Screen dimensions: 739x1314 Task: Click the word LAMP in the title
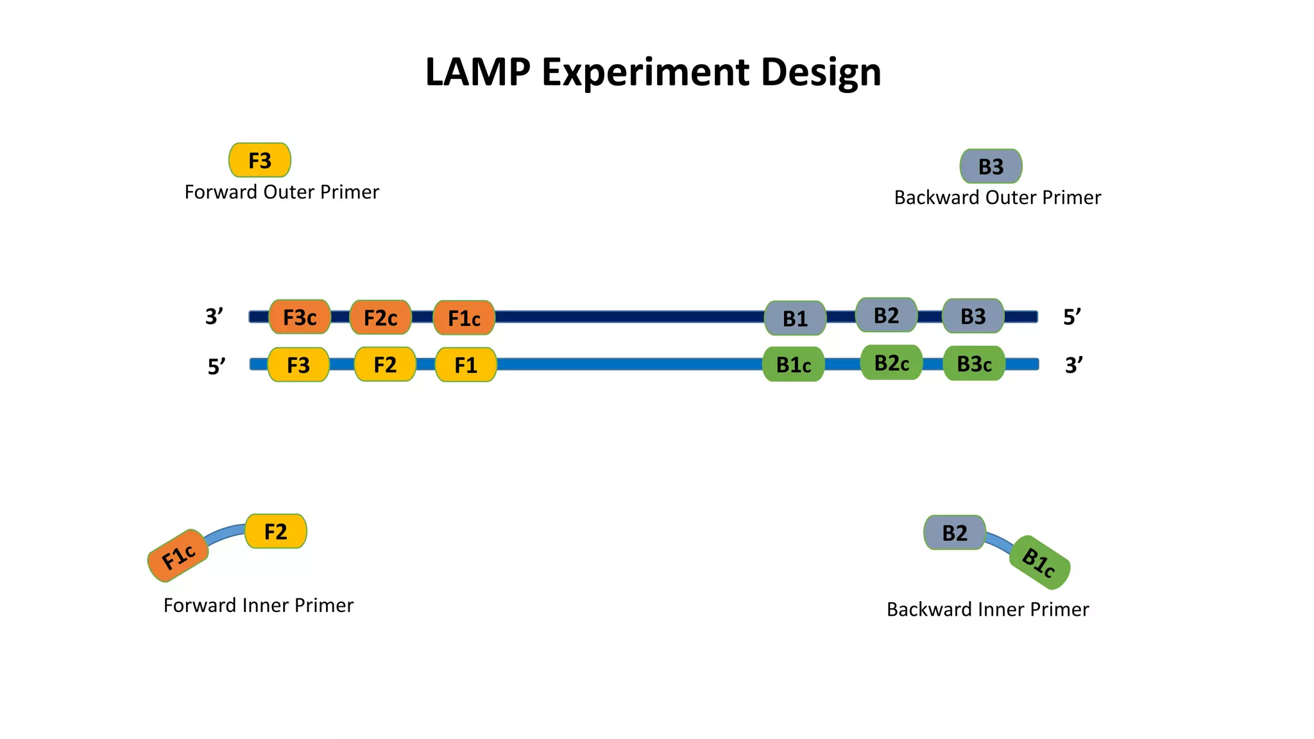pos(477,71)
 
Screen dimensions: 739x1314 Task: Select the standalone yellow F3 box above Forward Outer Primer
pos(260,160)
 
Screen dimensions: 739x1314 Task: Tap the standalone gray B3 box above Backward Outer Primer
pos(991,167)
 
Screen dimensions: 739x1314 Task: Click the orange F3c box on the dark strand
pos(300,317)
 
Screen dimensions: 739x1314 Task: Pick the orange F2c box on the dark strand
pos(380,318)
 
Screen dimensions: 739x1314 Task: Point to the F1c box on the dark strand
pos(464,318)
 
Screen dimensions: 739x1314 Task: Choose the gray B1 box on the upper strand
pos(795,318)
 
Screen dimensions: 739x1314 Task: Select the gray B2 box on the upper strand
pos(886,315)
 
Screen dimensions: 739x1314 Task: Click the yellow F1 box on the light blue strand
pos(466,365)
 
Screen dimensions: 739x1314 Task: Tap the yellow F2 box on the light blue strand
pos(385,364)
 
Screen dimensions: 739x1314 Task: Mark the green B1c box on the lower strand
pos(794,364)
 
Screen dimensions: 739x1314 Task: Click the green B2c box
pos(891,363)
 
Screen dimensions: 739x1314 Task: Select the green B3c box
pos(974,364)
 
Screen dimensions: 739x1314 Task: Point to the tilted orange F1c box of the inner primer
pos(178,556)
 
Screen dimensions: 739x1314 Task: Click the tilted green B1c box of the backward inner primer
pos(1039,562)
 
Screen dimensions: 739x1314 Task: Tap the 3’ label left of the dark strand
pos(214,316)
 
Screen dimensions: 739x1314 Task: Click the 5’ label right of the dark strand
pos(1072,317)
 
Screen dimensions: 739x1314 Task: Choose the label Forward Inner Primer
pos(258,605)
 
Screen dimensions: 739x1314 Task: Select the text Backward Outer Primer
pos(997,198)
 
